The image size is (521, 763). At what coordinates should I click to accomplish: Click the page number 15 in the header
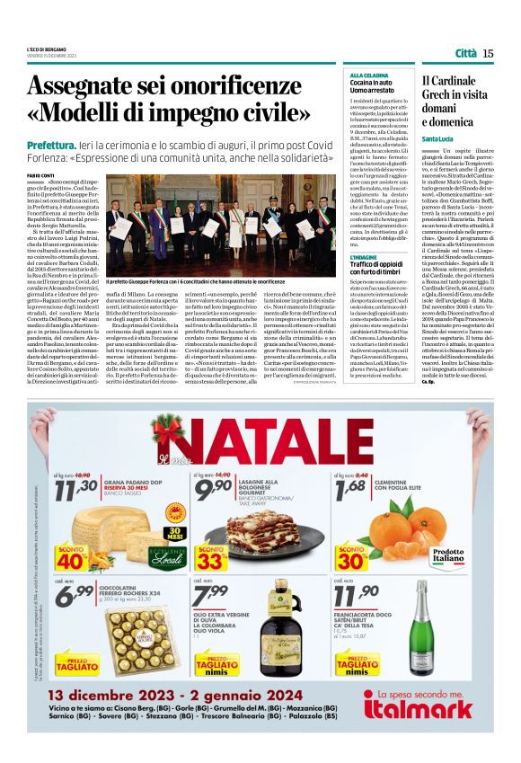[488, 53]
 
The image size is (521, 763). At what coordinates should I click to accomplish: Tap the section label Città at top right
[465, 53]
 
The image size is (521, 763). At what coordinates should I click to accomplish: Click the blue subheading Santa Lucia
[438, 138]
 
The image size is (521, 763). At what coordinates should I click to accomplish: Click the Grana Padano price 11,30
[77, 488]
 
